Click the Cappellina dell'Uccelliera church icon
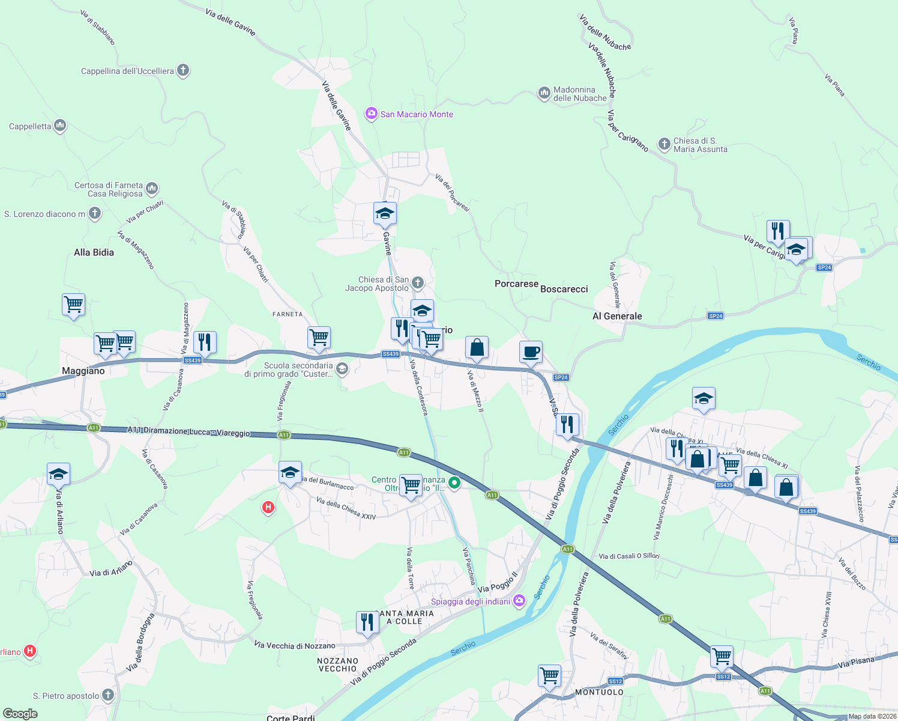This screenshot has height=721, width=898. [183, 70]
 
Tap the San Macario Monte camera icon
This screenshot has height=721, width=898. [372, 114]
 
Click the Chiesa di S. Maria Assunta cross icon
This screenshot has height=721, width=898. [664, 144]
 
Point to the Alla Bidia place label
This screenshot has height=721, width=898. [94, 252]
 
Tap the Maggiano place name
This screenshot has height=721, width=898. [83, 371]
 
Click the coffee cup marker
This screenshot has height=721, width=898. [531, 352]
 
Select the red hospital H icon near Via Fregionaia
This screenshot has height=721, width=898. [268, 508]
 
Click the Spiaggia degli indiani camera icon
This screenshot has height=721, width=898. [519, 600]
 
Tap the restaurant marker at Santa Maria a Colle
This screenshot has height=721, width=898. [367, 622]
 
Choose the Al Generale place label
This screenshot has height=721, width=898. [617, 316]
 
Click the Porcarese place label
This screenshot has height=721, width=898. [516, 284]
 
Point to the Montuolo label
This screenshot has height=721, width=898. [599, 692]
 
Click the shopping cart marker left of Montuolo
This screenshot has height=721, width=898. [550, 675]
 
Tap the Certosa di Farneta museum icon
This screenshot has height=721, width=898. [152, 188]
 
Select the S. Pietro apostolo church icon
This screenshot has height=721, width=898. [108, 695]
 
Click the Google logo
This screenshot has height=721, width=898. [20, 714]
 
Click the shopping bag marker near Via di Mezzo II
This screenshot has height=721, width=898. [477, 347]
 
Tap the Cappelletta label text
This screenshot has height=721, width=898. [30, 126]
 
